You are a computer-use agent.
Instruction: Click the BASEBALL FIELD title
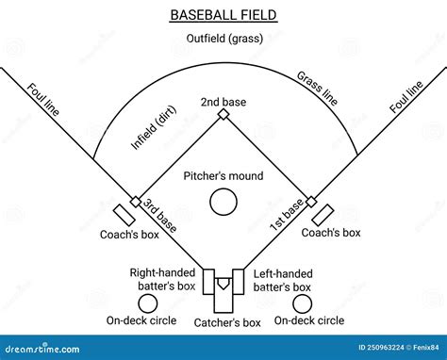pos(223,14)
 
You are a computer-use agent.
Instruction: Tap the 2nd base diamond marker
pos(223,114)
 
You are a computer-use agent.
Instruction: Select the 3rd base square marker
pos(136,202)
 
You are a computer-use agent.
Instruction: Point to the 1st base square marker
pos(311,202)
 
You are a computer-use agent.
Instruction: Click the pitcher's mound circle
pos(223,201)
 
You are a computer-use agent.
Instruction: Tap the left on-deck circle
pos(147,303)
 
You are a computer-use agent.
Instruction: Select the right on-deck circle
pos(302,303)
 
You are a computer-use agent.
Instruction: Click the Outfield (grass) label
pos(223,39)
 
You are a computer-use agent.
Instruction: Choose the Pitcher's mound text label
pos(223,176)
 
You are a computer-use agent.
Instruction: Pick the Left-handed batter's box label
pos(283,279)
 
